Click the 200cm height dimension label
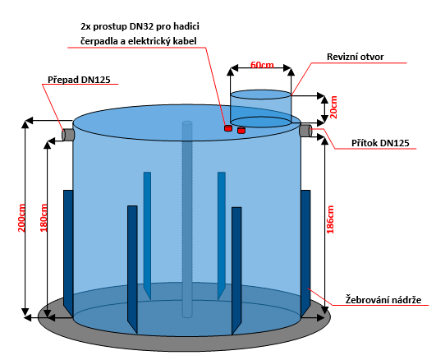[x=21, y=218]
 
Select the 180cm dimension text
[x=44, y=218]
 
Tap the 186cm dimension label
[x=330, y=219]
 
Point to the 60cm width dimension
[x=262, y=65]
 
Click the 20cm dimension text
[x=333, y=107]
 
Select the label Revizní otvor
[x=355, y=57]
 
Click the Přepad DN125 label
[x=79, y=80]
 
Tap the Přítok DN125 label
[x=380, y=143]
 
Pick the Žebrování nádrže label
[x=383, y=300]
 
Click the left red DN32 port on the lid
[x=228, y=128]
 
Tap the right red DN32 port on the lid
[x=241, y=130]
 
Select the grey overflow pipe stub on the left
[x=67, y=135]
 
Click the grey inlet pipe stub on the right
[x=305, y=131]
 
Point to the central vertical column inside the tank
[x=187, y=219]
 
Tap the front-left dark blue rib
[x=132, y=269]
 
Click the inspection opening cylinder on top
[x=261, y=108]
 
